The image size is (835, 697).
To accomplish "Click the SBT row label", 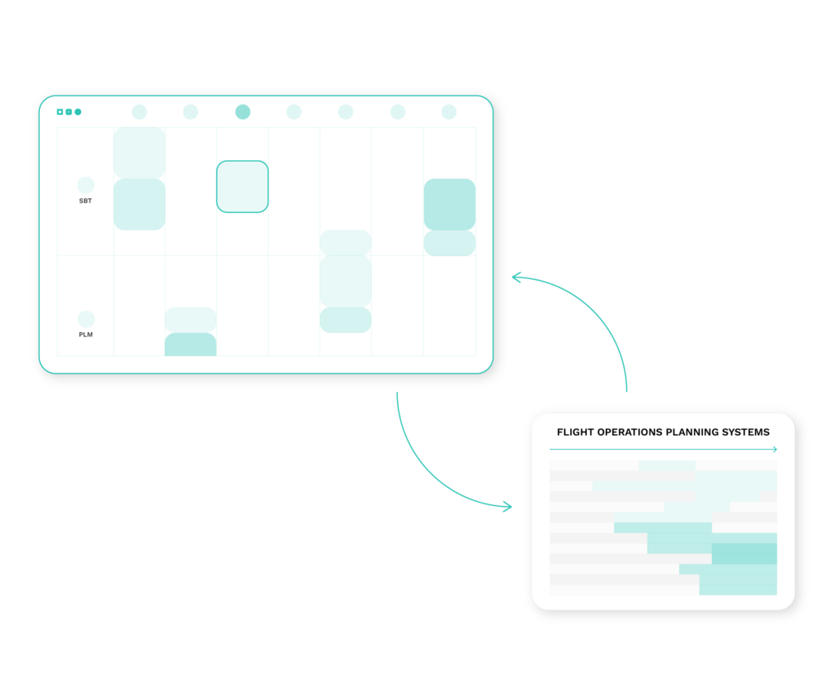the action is (x=85, y=201).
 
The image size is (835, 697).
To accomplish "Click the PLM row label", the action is (x=86, y=335).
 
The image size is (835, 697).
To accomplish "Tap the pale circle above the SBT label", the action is (x=86, y=185).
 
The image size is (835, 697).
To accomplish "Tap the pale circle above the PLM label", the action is (x=86, y=318).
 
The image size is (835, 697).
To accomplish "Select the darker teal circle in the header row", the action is (x=243, y=112).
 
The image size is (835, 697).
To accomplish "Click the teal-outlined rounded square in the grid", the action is (x=242, y=187).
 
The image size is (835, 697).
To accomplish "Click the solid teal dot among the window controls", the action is (x=77, y=112).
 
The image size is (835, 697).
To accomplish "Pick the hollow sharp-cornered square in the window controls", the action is (x=60, y=112).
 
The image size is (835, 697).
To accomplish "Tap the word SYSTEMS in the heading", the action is (x=745, y=433).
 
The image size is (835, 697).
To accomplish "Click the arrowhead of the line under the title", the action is (x=775, y=449).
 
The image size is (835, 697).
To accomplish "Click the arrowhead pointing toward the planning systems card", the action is (x=508, y=506).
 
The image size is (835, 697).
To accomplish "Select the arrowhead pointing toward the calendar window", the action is (x=515, y=277).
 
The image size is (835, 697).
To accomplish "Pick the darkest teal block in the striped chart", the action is (x=744, y=553).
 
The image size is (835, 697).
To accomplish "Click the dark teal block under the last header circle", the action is (x=449, y=205).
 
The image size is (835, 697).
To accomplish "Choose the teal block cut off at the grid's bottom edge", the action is (x=191, y=344).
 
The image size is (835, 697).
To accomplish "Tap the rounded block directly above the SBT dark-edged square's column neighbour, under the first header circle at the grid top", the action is (x=139, y=153).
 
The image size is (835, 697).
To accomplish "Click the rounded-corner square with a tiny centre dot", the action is (x=68, y=112).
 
